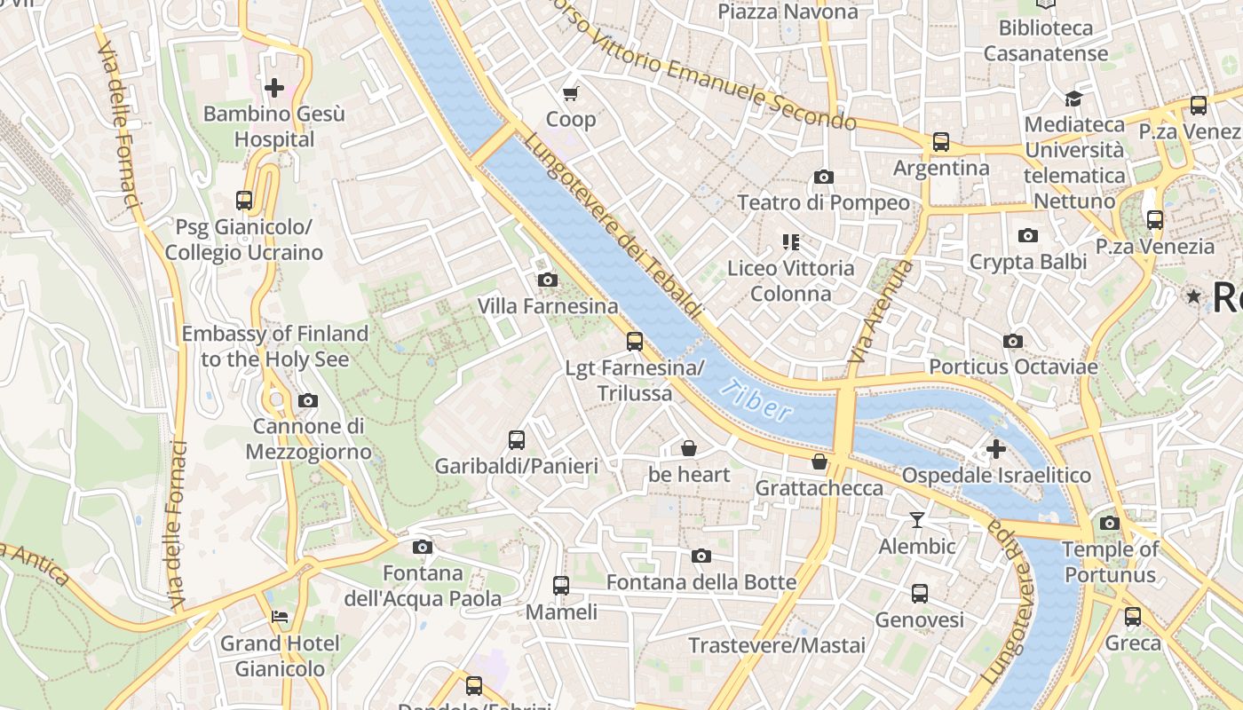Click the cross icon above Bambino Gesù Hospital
click(274, 87)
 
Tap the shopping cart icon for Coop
click(571, 93)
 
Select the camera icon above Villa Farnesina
click(548, 280)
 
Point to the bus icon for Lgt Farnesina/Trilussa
click(634, 341)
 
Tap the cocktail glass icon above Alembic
click(917, 520)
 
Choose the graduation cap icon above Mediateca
click(1074, 99)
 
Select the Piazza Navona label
click(788, 12)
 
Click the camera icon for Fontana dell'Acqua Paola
click(423, 547)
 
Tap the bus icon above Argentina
click(941, 142)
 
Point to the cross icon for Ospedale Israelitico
click(996, 449)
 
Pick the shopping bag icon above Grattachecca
click(819, 461)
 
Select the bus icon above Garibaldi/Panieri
click(517, 439)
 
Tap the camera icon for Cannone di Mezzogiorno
click(308, 400)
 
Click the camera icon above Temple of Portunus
click(1110, 524)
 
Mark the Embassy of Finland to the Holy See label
click(274, 346)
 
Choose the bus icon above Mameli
click(561, 586)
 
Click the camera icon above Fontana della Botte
click(701, 556)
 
